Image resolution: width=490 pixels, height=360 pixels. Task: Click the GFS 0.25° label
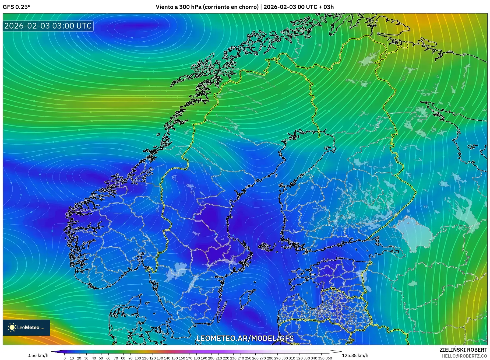16,7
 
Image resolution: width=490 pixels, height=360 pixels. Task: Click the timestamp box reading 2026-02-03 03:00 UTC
48,26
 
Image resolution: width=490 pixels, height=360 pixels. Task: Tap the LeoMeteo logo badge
26,327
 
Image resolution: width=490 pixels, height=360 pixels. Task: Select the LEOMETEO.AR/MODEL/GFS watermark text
245,338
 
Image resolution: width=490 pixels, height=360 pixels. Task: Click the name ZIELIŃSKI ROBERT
463,350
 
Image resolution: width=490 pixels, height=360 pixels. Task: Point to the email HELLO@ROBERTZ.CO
464,356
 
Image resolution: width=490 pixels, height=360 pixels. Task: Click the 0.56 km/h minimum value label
38,355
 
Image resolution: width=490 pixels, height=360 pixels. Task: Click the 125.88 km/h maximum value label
355,355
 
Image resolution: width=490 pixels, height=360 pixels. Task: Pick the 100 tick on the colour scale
138,358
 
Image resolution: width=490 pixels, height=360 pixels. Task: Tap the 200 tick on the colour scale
211,358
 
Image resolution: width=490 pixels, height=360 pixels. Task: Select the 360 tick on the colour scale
329,358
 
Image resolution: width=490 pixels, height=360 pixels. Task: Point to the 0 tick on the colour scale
65,358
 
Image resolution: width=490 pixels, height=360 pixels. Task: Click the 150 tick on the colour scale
174,358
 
